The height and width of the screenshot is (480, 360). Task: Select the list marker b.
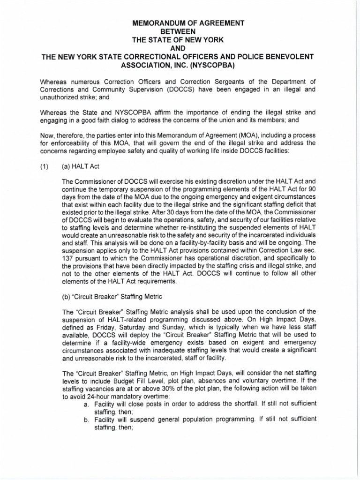tap(87, 419)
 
